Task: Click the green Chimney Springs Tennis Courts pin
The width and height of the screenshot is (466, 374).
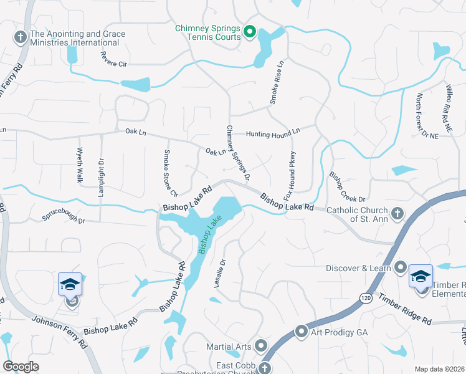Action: [250, 31]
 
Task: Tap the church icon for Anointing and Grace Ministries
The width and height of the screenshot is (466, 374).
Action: [19, 38]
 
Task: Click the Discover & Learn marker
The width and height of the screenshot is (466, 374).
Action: [401, 269]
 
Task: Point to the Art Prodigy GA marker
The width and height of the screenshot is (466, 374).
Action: [302, 332]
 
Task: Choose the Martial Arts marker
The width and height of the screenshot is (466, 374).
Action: [260, 345]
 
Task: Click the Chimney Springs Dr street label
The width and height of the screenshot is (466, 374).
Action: [238, 153]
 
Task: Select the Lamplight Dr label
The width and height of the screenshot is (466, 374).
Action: [100, 177]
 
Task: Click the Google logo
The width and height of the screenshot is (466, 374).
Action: [21, 366]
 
